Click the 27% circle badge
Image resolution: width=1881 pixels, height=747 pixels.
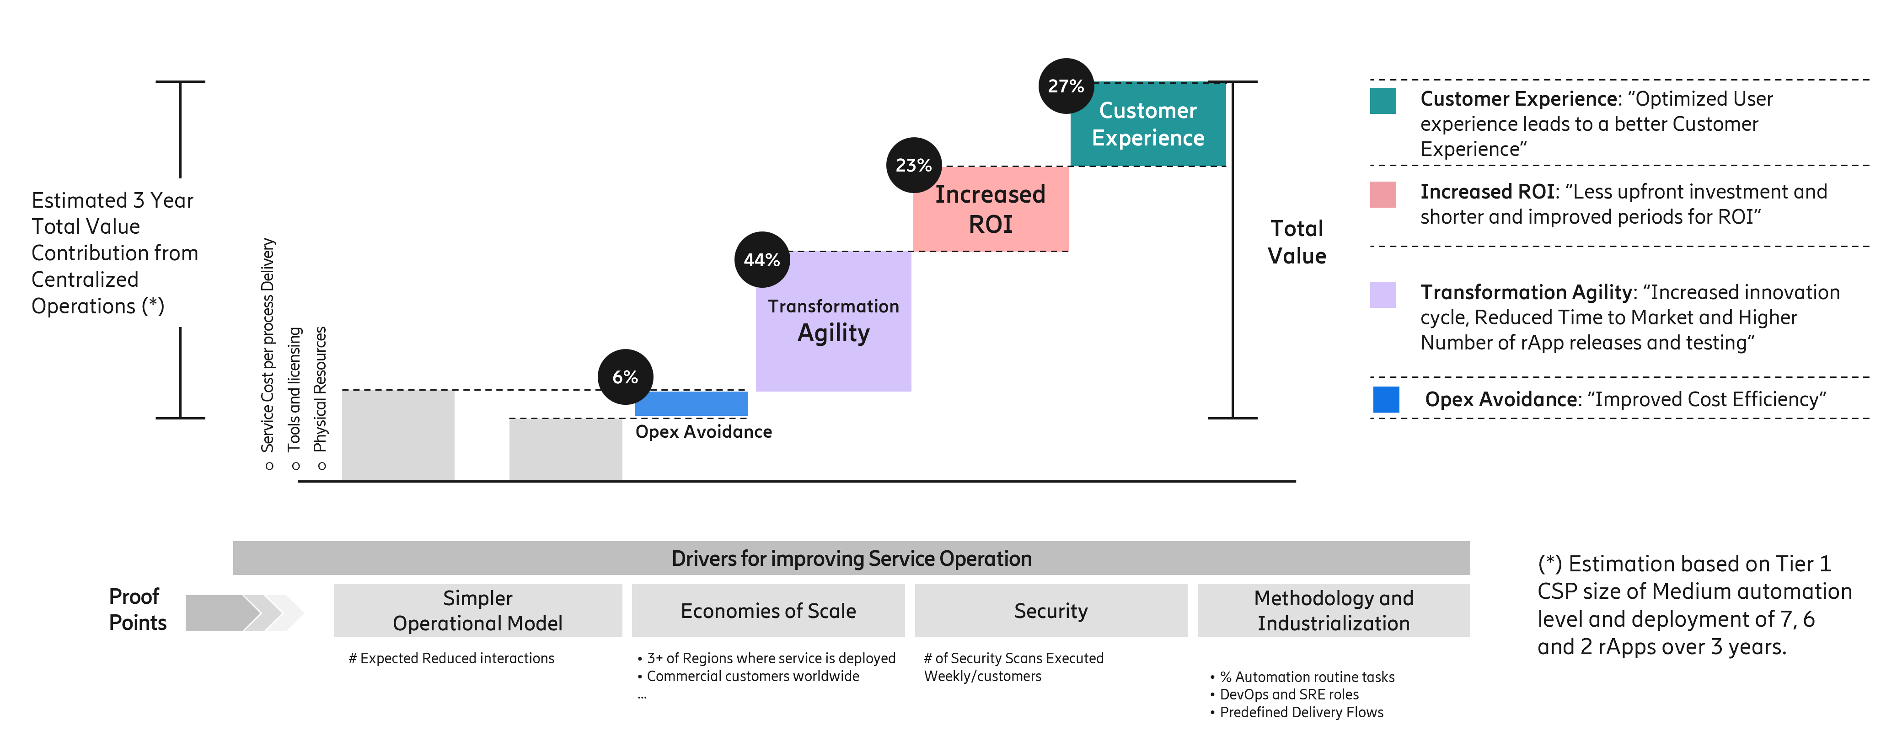[x=1066, y=86]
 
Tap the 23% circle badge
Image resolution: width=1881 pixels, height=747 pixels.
[x=913, y=165]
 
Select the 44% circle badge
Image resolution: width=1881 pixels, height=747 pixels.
[x=761, y=260]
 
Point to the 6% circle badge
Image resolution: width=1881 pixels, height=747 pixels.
[x=625, y=377]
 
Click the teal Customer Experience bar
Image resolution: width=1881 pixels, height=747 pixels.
[x=1148, y=124]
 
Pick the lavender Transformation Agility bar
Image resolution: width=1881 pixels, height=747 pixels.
[x=833, y=321]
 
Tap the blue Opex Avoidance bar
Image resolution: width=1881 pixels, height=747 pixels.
[x=691, y=403]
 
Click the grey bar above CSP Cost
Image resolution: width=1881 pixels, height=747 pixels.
[x=398, y=435]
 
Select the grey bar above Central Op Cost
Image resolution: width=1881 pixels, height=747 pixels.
[x=565, y=449]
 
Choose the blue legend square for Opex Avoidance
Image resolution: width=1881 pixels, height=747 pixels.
[x=1385, y=399]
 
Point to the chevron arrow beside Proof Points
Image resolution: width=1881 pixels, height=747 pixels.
[x=245, y=613]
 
